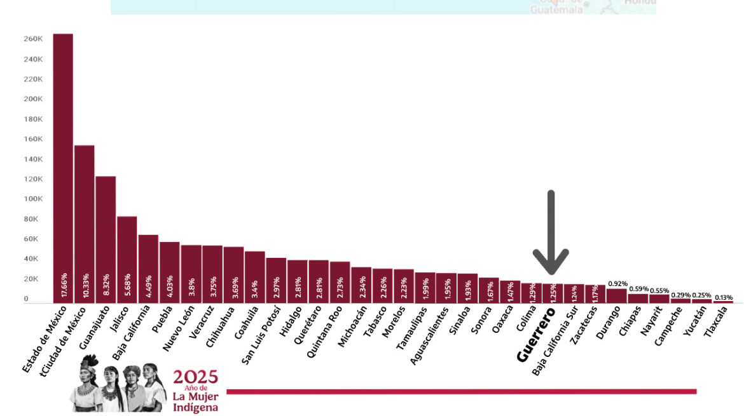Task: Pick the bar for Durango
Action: [616, 295]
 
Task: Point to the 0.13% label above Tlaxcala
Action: [723, 297]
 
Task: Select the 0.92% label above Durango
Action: [617, 284]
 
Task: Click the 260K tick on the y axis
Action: [33, 39]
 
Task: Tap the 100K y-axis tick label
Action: [33, 199]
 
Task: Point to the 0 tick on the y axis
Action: [26, 299]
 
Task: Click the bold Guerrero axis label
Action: [535, 335]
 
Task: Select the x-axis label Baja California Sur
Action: [555, 340]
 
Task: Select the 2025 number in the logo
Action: [195, 377]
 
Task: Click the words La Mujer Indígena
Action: [195, 401]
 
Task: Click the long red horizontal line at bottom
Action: [461, 391]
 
